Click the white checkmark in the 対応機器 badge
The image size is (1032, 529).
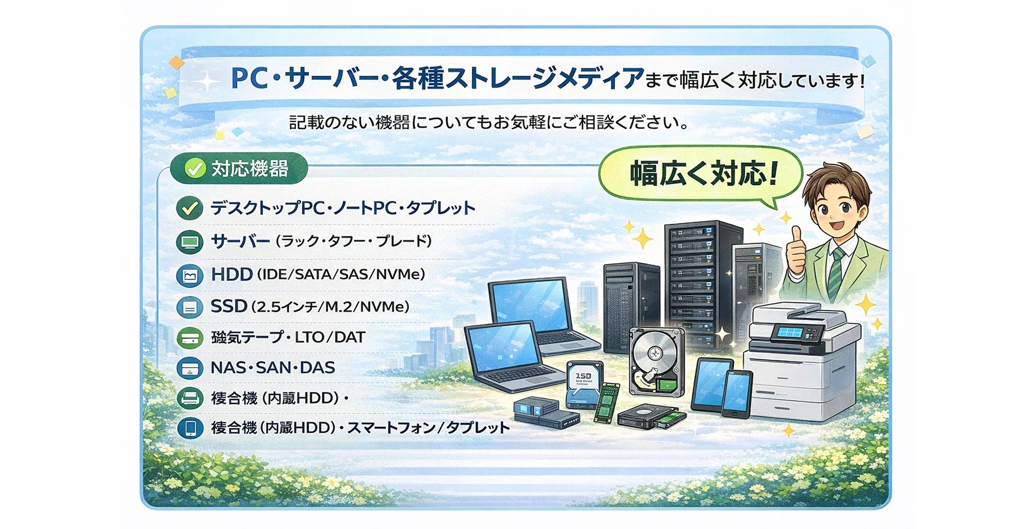pos(194,169)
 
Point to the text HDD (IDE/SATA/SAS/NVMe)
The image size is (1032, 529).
pos(318,274)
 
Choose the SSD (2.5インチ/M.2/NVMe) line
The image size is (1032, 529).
pos(310,306)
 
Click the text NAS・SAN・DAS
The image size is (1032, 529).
pos(273,368)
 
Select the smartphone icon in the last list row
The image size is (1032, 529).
pos(190,428)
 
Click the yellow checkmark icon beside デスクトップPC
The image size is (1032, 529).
pos(189,208)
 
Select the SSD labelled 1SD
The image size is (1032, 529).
pos(583,380)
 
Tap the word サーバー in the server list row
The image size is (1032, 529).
pos(240,242)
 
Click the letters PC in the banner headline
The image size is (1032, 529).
pos(249,79)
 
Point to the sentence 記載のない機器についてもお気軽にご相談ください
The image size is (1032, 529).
pos(490,123)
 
